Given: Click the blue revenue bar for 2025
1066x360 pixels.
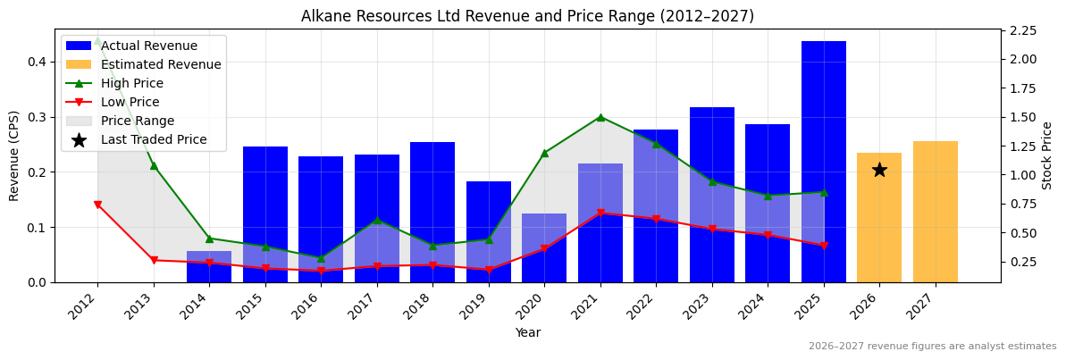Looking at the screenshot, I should click(823, 161).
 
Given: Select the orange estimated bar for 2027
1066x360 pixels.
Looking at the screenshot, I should click(935, 212).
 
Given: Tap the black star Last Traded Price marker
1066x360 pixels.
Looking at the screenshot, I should click(879, 170).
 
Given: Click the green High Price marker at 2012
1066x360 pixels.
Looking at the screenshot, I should click(97, 39).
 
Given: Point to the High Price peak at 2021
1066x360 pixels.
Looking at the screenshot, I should click(600, 117).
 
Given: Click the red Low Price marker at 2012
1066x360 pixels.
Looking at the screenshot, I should click(97, 205).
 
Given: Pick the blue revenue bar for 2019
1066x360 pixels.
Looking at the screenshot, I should click(489, 231).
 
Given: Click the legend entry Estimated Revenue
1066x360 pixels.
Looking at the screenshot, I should click(161, 64).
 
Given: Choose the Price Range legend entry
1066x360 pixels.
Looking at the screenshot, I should click(138, 121).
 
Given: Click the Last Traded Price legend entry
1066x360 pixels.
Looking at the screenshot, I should click(154, 139).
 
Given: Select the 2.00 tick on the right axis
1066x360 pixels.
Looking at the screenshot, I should click(1023, 59).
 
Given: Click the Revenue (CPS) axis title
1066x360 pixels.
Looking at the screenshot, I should click(14, 155).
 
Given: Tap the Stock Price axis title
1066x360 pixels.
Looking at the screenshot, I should click(1047, 155).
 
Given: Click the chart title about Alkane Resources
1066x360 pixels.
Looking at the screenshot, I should click(527, 16).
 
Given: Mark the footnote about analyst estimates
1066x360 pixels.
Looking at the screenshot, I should click(932, 347).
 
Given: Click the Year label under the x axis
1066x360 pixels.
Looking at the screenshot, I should click(527, 332).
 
